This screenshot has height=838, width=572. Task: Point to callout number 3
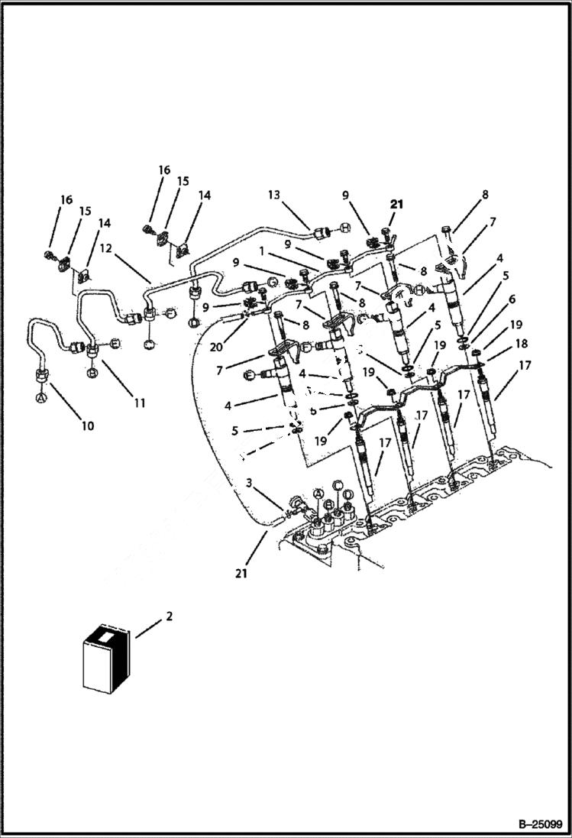coord(249,482)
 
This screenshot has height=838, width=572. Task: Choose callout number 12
coord(106,249)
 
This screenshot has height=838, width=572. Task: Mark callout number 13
coord(274,195)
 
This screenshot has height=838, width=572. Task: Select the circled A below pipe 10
coord(40,397)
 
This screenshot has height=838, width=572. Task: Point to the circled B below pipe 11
coord(92,373)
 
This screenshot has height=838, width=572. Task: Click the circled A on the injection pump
coord(320,495)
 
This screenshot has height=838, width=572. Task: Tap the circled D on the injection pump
coord(347,495)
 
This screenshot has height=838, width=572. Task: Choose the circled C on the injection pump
coord(337,485)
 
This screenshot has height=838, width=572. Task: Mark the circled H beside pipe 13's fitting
coord(346,228)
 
